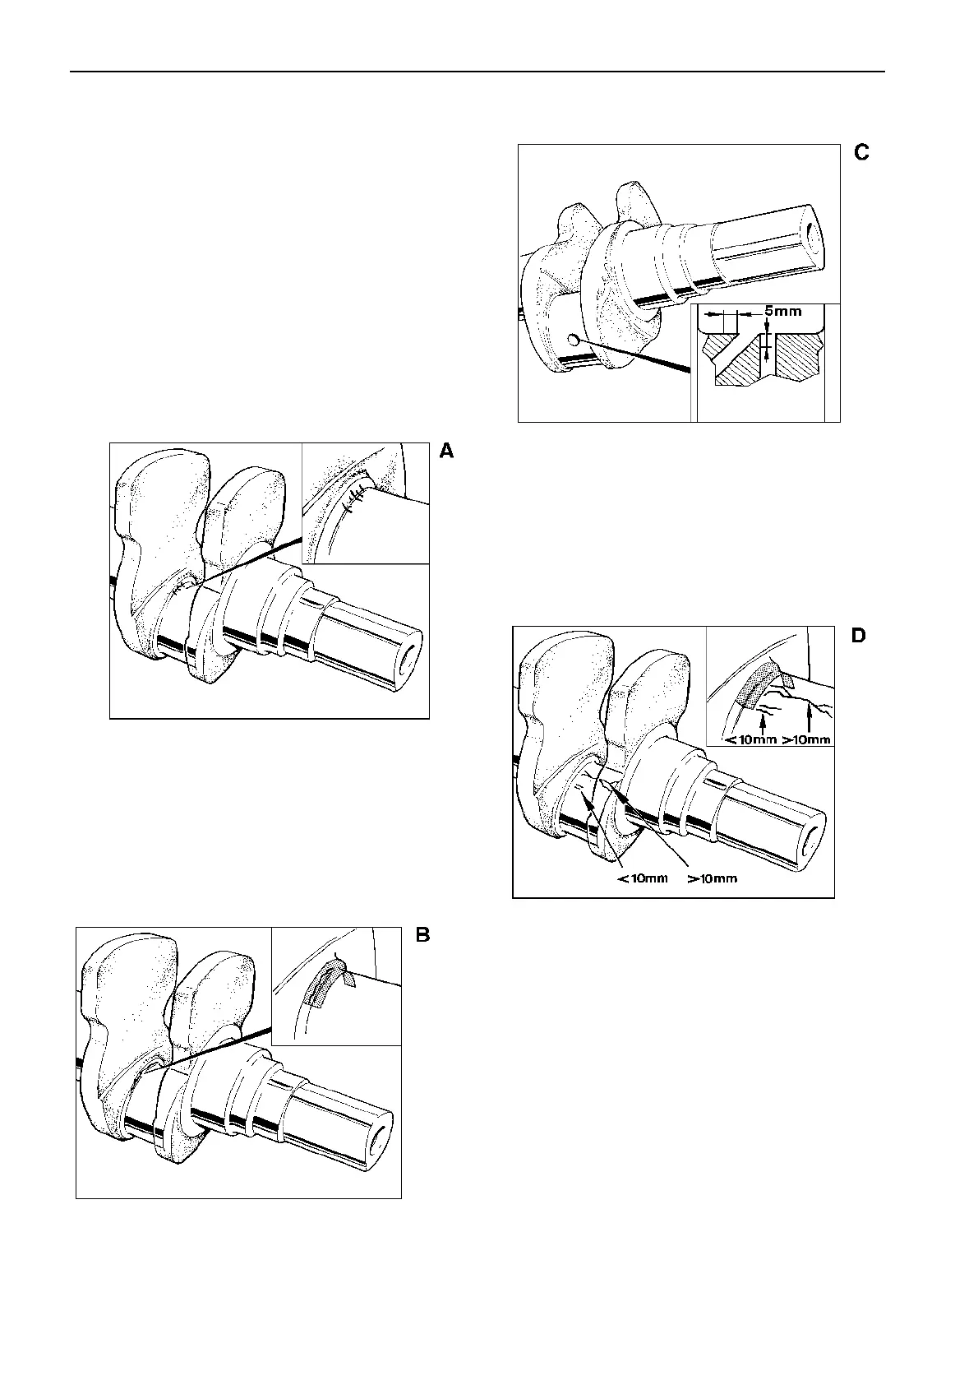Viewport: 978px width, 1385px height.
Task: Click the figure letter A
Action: pyautogui.click(x=446, y=451)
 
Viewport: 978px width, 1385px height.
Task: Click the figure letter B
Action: pyautogui.click(x=422, y=935)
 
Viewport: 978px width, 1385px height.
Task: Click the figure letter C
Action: pyautogui.click(x=861, y=153)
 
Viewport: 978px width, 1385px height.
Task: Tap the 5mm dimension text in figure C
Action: pyautogui.click(x=782, y=313)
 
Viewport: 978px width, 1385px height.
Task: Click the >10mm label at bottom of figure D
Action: pyautogui.click(x=713, y=878)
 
